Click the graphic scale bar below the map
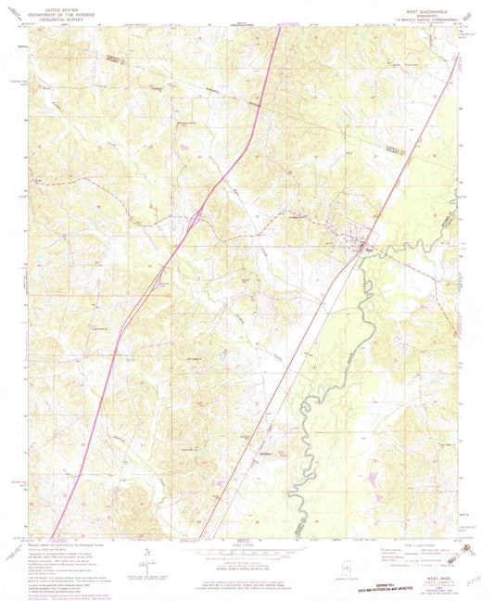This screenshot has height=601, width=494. [x=247, y=556]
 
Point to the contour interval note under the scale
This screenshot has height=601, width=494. [x=247, y=566]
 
